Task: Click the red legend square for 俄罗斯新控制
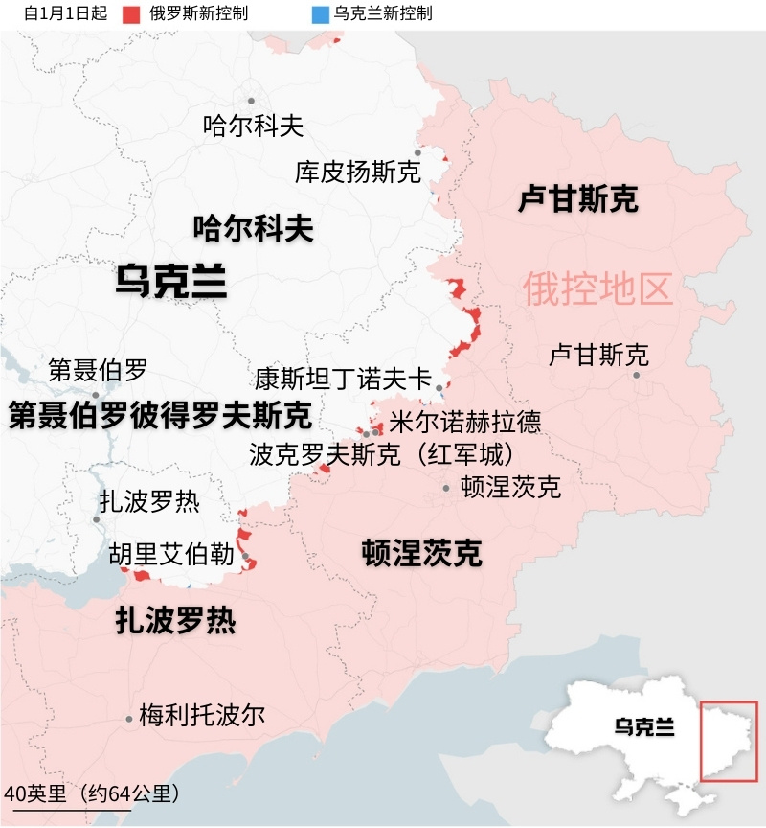(132, 14)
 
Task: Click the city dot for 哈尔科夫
(252, 101)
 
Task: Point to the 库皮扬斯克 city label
(357, 172)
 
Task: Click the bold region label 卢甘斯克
(577, 199)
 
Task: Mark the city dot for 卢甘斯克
(637, 375)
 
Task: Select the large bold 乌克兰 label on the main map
(170, 281)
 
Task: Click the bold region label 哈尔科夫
(253, 228)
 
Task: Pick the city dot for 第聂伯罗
(96, 395)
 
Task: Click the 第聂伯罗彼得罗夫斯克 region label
(160, 416)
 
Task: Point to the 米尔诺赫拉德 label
(464, 422)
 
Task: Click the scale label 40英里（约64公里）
(92, 793)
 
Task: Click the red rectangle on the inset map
(729, 741)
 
